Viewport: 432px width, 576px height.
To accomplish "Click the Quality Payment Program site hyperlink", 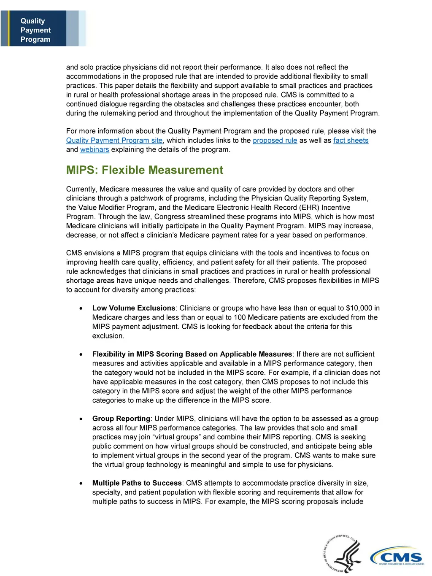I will [114, 141].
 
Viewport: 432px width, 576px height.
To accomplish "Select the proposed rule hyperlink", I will [275, 141].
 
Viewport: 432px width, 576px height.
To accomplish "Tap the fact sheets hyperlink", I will [351, 141].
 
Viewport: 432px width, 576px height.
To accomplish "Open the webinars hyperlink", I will [94, 150].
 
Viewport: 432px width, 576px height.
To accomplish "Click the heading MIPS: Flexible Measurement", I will [145, 170].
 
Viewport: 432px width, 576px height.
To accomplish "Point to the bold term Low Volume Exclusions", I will [134, 308].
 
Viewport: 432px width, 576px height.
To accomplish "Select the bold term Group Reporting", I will [121, 419].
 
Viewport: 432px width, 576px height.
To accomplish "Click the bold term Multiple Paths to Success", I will [137, 483].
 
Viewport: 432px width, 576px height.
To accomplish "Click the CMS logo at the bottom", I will [397, 557].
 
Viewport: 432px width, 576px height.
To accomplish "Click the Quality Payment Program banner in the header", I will [35, 30].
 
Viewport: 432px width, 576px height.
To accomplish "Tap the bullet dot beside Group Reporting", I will [81, 419].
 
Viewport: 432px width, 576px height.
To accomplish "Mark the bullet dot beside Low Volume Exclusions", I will [81, 308].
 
